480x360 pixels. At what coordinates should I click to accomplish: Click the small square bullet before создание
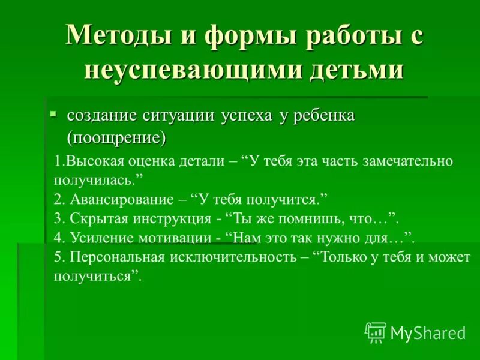[53, 113]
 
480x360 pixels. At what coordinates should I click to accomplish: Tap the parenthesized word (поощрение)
[116, 138]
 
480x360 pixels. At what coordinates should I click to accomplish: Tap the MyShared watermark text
[428, 332]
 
